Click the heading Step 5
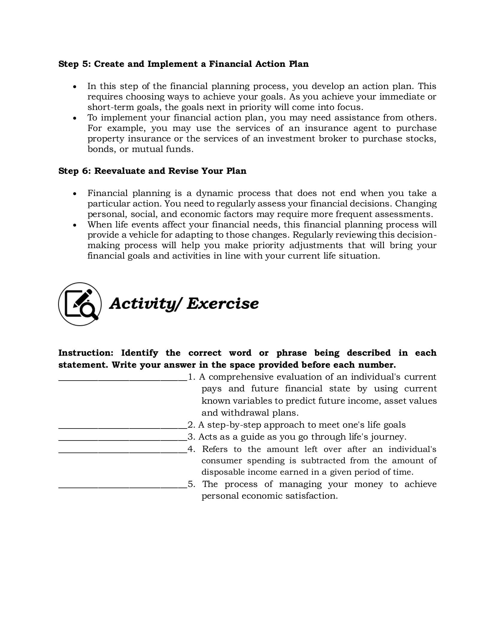[183, 64]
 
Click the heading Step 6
[152, 171]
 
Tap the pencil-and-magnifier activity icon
[80, 304]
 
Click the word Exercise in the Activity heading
[222, 304]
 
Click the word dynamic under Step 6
[214, 193]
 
